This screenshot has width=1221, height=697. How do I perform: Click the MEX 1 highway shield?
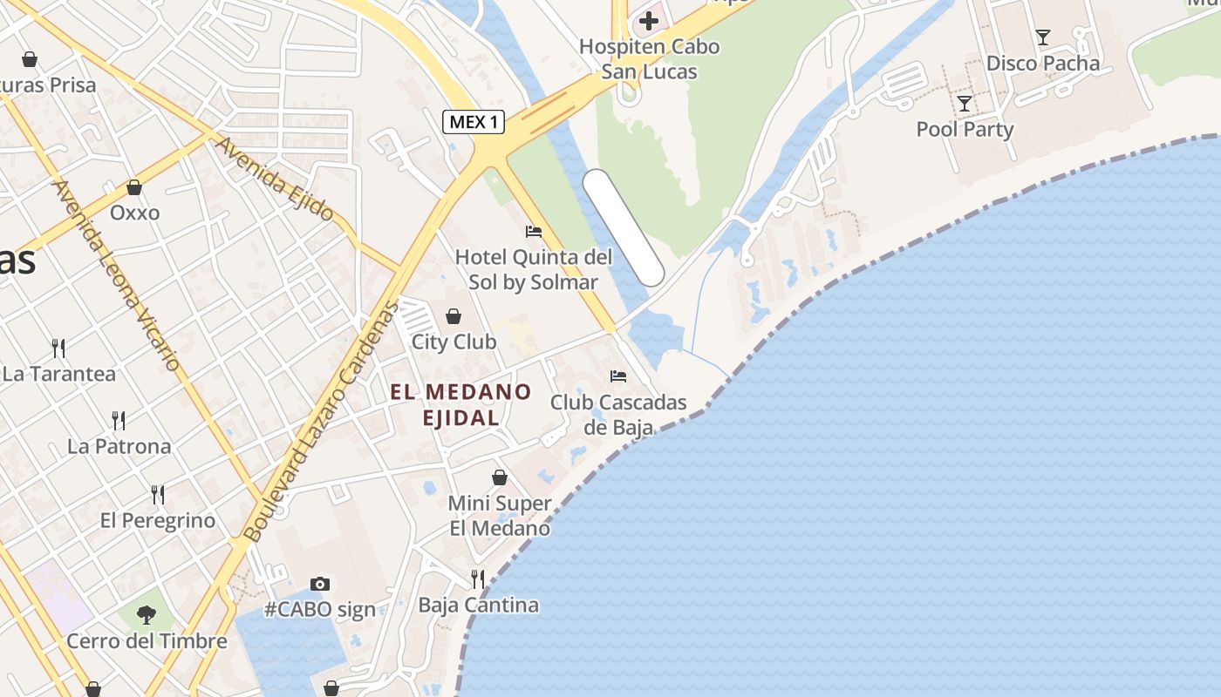coord(474,122)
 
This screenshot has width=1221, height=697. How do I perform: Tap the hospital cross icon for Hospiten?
coord(649,21)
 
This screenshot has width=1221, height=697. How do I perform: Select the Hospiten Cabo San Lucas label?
coord(650,58)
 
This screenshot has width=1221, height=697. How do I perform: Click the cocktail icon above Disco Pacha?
coord(1042,37)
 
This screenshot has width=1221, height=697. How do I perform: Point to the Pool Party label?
coord(965,130)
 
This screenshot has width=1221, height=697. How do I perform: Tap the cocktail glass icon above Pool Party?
coord(964,104)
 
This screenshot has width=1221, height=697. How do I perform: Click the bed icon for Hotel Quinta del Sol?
coord(533,231)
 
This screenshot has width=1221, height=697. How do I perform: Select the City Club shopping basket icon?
coord(453,315)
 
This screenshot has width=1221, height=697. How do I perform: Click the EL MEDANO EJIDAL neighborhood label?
coord(460,404)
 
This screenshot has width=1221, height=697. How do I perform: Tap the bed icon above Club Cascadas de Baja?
coord(618,376)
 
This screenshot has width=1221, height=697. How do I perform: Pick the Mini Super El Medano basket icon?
coord(500,477)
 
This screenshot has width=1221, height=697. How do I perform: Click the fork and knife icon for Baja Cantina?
coord(477,578)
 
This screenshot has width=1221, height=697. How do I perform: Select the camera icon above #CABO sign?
coord(320,584)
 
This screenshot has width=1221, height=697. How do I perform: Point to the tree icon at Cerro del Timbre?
coord(147,615)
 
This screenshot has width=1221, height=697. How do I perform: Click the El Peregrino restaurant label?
coord(158,521)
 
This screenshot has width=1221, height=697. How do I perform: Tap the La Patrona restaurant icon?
coord(119,421)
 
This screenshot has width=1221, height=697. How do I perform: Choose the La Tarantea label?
coord(59,374)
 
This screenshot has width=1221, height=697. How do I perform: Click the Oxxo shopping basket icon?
coord(134,187)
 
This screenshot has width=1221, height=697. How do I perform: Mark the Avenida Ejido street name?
coord(274,178)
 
